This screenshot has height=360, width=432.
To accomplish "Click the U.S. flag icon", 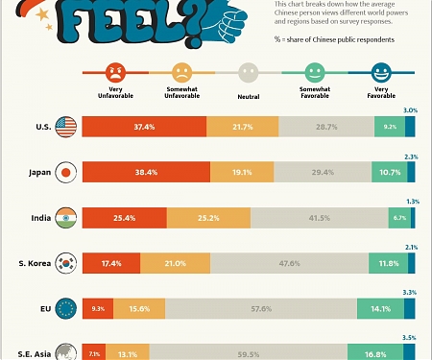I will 66,127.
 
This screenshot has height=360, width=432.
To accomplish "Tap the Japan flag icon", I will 66,172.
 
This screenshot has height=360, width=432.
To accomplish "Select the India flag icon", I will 66,217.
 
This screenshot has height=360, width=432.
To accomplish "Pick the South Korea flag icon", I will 66,262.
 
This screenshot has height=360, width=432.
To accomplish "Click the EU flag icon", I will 66,307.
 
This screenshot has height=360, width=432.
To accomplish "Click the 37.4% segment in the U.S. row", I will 144,127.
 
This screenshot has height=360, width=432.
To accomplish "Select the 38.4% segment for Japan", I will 146,172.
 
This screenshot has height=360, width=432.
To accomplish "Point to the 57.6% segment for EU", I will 260,307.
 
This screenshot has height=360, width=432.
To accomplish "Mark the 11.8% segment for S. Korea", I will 388,262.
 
